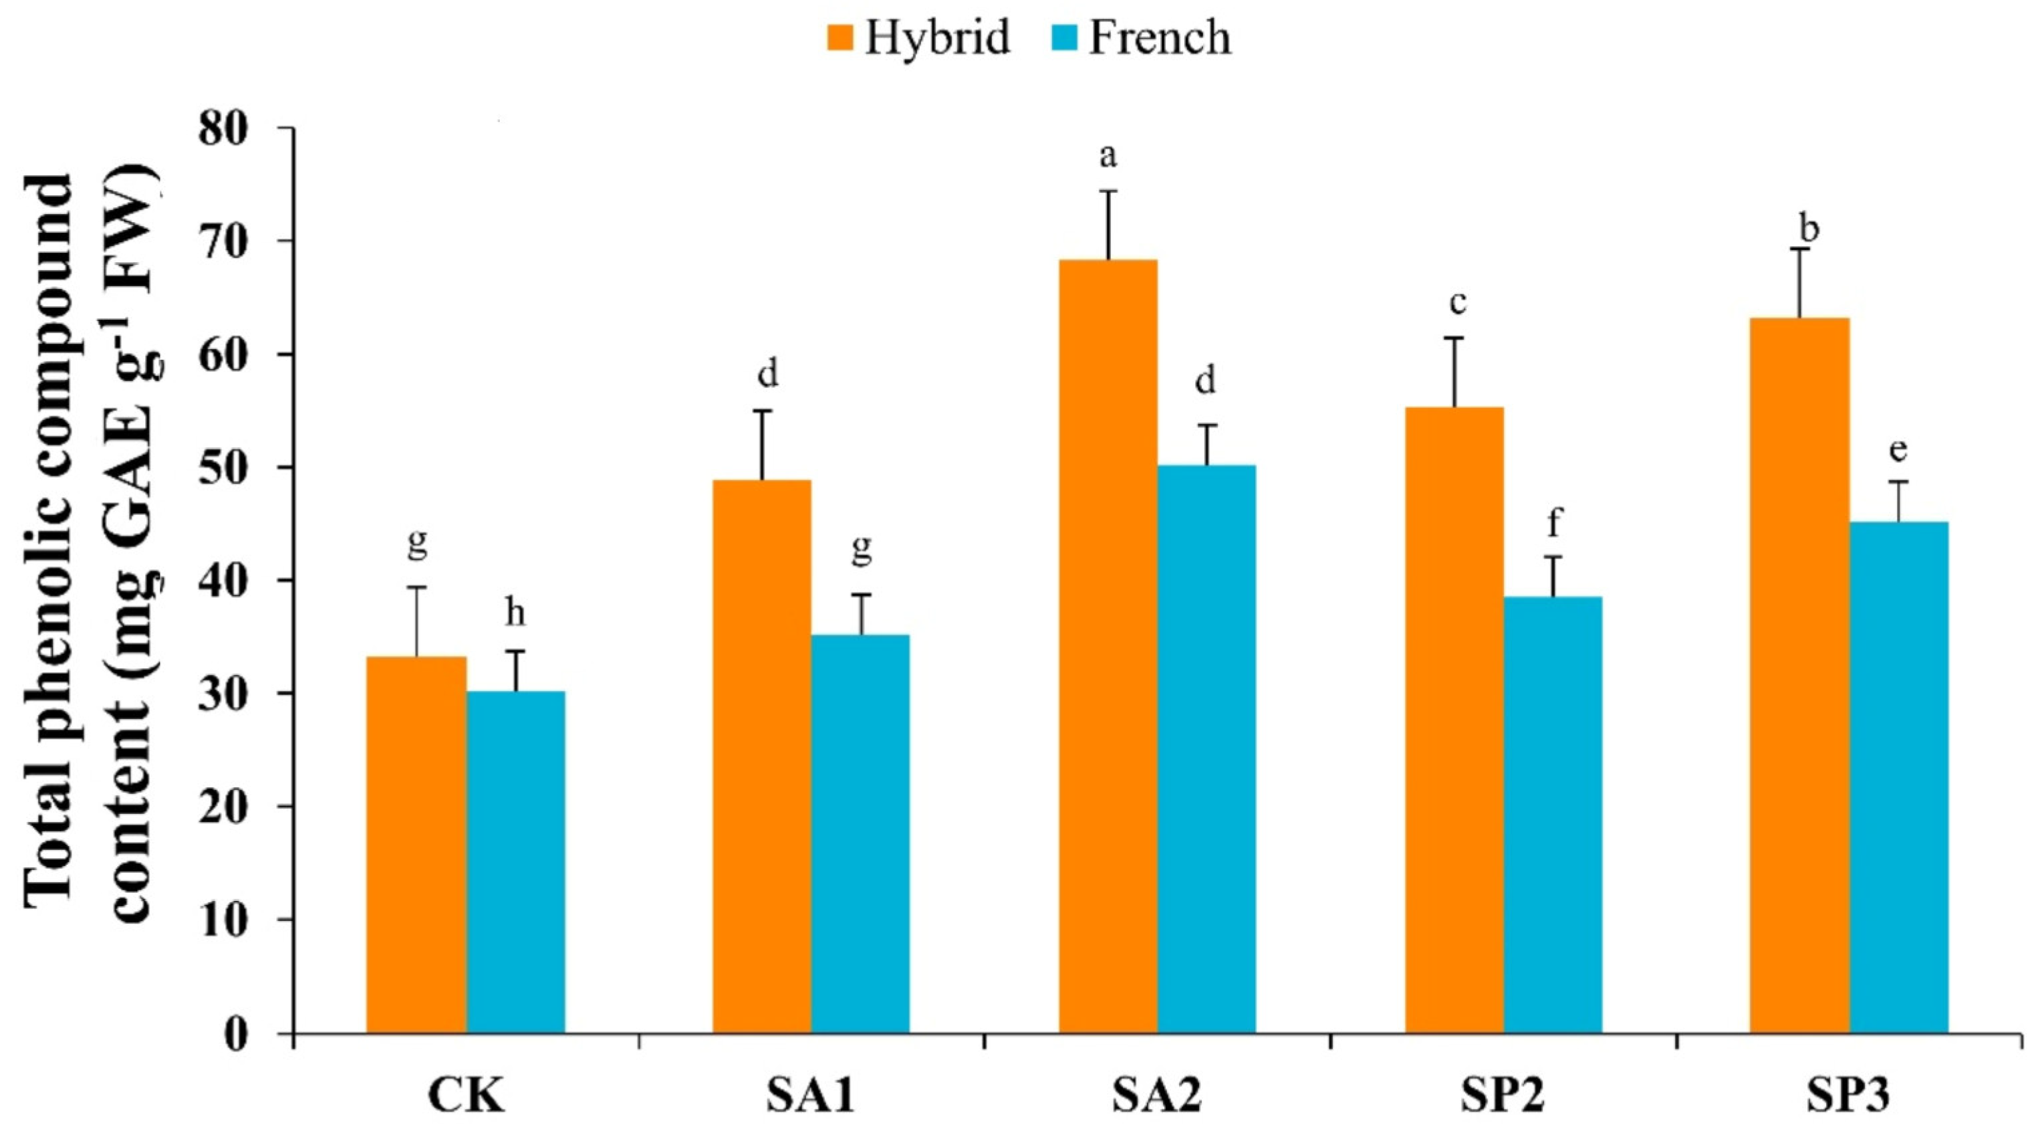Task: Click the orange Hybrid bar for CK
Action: [416, 845]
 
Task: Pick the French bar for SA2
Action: [1206, 748]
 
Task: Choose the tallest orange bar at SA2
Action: [1108, 645]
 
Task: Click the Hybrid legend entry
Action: [919, 37]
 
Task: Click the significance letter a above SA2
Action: [1108, 157]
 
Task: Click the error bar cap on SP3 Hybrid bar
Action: [1800, 249]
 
